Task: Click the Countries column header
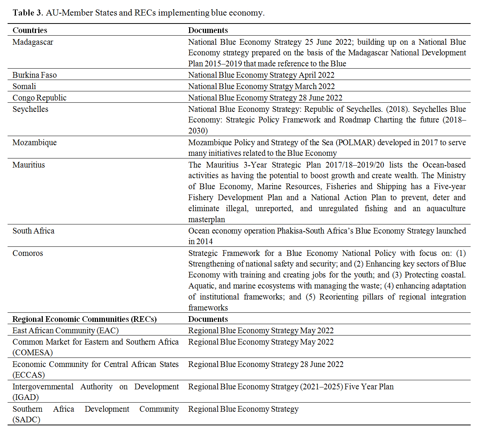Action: (x=30, y=30)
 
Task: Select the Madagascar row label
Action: (x=33, y=42)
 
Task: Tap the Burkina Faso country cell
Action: (x=34, y=75)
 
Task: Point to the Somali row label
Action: (x=24, y=86)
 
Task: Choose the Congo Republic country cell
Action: (x=39, y=98)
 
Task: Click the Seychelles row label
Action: (x=30, y=109)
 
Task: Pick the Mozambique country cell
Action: (x=34, y=143)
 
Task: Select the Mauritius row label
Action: (x=29, y=165)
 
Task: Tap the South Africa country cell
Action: (x=33, y=231)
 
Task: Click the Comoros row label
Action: (x=28, y=253)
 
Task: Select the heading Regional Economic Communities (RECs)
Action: (x=85, y=319)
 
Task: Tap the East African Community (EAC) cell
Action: (x=66, y=331)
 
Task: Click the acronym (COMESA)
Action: (x=33, y=353)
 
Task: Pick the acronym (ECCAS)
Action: (x=29, y=375)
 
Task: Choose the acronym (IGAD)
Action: (x=26, y=397)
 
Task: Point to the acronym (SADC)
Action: (x=26, y=420)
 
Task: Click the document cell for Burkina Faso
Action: (x=261, y=75)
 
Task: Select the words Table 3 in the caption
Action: (x=28, y=13)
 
